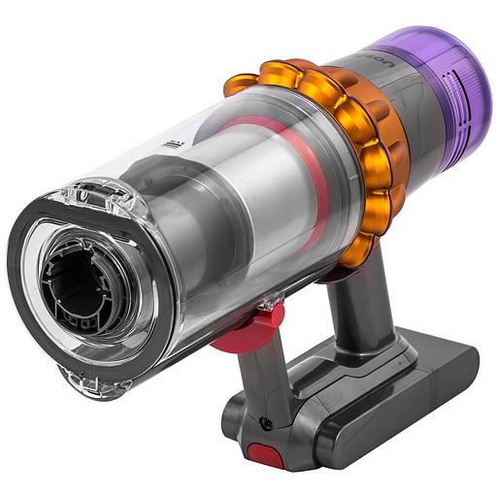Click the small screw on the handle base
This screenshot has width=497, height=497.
pos(264,422)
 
